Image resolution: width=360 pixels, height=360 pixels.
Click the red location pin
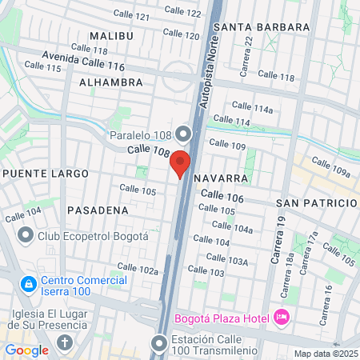click(180, 163)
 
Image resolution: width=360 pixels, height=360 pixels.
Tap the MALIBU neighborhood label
click(111, 36)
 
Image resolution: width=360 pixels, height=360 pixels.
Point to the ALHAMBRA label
click(111, 82)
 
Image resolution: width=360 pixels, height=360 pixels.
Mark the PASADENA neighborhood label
click(98, 210)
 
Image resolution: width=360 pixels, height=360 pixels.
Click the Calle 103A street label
click(227, 258)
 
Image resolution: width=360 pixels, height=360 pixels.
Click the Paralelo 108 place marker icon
click(183, 133)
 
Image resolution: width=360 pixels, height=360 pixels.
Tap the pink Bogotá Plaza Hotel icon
click(281, 318)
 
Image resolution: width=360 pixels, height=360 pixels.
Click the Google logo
click(27, 350)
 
